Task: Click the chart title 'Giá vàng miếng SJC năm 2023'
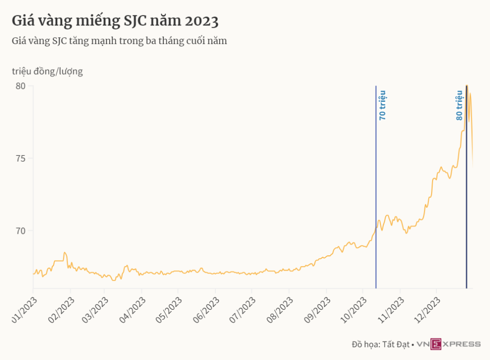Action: tap(115, 22)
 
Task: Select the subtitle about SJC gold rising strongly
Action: tap(119, 41)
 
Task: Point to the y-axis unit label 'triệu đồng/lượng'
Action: tap(47, 71)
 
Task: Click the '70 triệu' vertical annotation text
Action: tap(382, 105)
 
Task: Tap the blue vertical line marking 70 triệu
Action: tap(376, 191)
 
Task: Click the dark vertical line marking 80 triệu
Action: tap(467, 191)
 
